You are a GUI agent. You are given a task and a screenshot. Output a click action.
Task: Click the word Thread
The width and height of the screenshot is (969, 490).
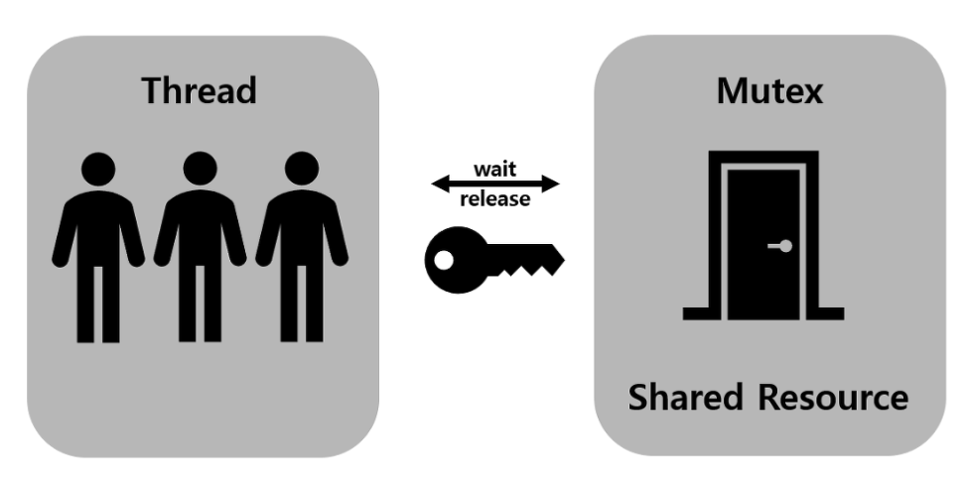click(x=199, y=90)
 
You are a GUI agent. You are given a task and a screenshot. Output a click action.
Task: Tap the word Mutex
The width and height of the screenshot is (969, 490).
click(x=768, y=90)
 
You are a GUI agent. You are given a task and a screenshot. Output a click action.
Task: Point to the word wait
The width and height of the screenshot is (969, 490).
click(x=496, y=168)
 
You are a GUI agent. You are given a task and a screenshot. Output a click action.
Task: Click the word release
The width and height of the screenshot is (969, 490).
click(x=494, y=199)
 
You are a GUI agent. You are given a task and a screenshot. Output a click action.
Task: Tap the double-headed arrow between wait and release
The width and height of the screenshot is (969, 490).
click(x=496, y=184)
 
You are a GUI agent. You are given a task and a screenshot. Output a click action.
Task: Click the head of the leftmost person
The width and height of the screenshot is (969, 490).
click(x=97, y=170)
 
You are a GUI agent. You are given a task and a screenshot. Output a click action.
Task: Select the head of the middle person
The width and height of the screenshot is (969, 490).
click(x=200, y=170)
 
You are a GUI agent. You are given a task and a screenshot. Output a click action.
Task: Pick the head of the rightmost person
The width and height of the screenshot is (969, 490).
click(x=301, y=170)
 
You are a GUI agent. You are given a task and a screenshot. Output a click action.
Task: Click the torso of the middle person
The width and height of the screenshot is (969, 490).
click(x=200, y=228)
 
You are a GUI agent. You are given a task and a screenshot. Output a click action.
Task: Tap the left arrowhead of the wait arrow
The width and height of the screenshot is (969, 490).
click(x=438, y=184)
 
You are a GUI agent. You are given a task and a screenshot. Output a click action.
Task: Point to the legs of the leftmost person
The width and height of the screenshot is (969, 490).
click(x=97, y=303)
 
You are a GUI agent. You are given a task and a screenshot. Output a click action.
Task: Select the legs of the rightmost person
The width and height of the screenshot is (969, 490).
click(x=301, y=303)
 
